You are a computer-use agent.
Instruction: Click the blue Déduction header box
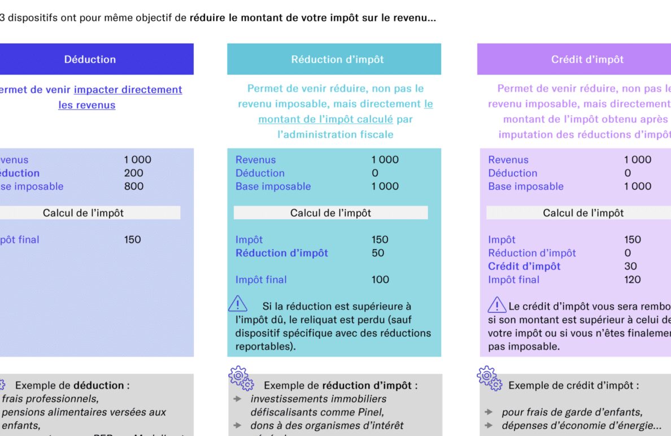90,59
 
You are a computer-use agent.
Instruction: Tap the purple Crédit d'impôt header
587,59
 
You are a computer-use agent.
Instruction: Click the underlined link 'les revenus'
87,105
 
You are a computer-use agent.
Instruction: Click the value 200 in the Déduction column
134,173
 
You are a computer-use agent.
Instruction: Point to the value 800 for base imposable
134,186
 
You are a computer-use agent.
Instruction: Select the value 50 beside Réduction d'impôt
378,253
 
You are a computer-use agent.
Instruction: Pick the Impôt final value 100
380,280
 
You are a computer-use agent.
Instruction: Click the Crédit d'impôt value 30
630,266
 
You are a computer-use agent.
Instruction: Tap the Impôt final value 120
633,280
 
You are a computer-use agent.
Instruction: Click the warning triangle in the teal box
238,304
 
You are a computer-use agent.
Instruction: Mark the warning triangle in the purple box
496,306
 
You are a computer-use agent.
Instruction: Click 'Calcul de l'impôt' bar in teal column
330,213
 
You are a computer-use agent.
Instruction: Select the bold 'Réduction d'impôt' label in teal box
281,253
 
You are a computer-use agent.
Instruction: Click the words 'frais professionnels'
50,399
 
